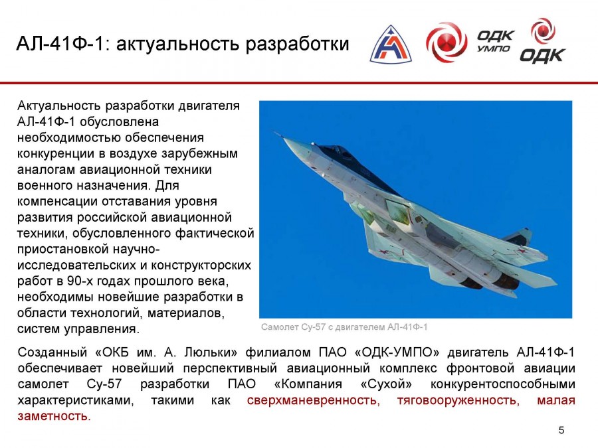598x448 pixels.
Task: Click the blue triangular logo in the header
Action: coord(391,45)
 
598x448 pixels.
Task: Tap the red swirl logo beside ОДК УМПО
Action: coord(447,42)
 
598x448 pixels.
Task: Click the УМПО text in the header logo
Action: coord(494,48)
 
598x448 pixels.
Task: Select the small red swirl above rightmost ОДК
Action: coord(543,31)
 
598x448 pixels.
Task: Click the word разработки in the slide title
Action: coord(297,44)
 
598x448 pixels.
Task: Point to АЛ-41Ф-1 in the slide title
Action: coord(60,43)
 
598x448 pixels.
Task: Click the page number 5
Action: coord(561,430)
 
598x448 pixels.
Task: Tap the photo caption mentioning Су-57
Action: coord(344,327)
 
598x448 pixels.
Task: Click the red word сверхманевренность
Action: coord(314,400)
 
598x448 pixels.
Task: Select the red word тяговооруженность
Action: coord(458,400)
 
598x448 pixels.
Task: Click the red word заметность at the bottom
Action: coord(54,416)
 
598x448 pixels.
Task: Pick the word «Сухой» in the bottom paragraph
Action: coord(386,384)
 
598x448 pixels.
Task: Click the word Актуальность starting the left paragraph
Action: coord(59,106)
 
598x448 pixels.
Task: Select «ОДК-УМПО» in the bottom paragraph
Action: coord(397,352)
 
